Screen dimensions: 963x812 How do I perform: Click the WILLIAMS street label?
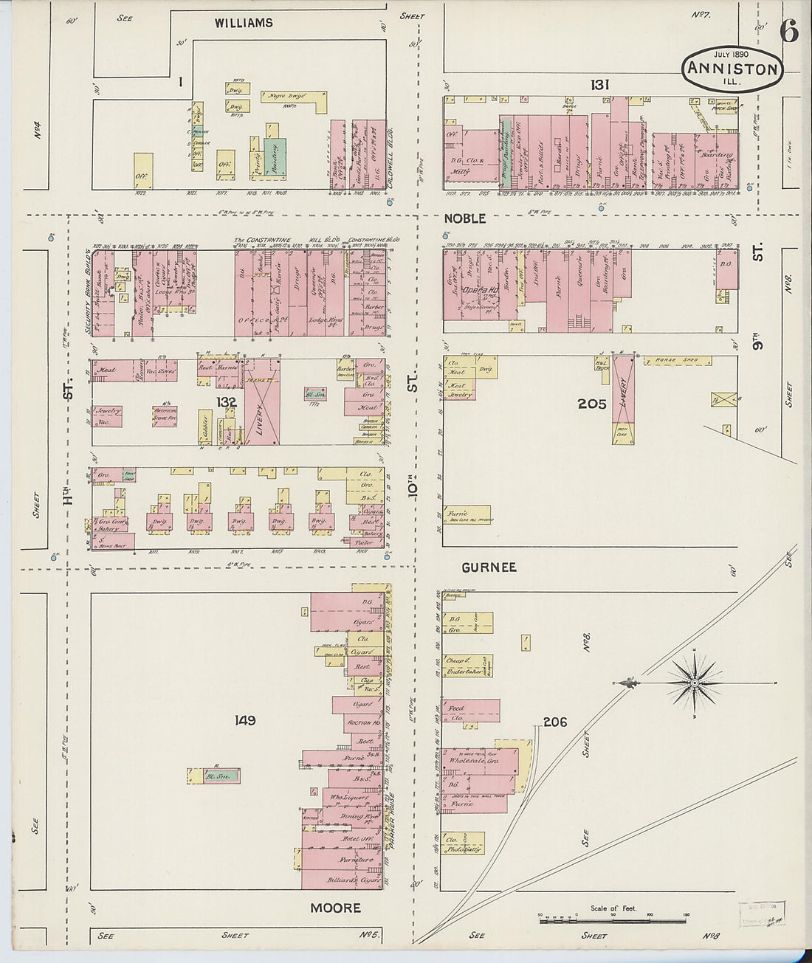pyautogui.click(x=244, y=23)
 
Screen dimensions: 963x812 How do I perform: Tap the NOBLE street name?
pyautogui.click(x=464, y=218)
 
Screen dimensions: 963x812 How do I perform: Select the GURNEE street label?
pyautogui.click(x=489, y=567)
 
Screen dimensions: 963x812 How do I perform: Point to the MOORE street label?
pyautogui.click(x=335, y=908)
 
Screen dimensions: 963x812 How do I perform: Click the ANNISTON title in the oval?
pyautogui.click(x=732, y=69)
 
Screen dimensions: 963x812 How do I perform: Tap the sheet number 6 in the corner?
pyautogui.click(x=788, y=32)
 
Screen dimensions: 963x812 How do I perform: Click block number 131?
pyautogui.click(x=599, y=85)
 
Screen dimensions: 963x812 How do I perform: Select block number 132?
pyautogui.click(x=226, y=402)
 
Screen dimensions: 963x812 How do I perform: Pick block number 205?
pyautogui.click(x=591, y=404)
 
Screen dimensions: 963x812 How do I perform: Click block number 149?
pyautogui.click(x=244, y=719)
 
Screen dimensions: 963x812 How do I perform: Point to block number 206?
pyautogui.click(x=554, y=722)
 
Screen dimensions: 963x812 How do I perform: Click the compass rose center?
pyautogui.click(x=695, y=683)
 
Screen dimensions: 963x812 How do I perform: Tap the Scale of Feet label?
pyautogui.click(x=613, y=908)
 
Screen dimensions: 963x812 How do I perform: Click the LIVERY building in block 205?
pyautogui.click(x=624, y=391)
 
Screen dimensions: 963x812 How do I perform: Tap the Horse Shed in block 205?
pyautogui.click(x=677, y=361)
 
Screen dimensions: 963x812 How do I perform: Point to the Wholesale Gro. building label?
pyautogui.click(x=474, y=760)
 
